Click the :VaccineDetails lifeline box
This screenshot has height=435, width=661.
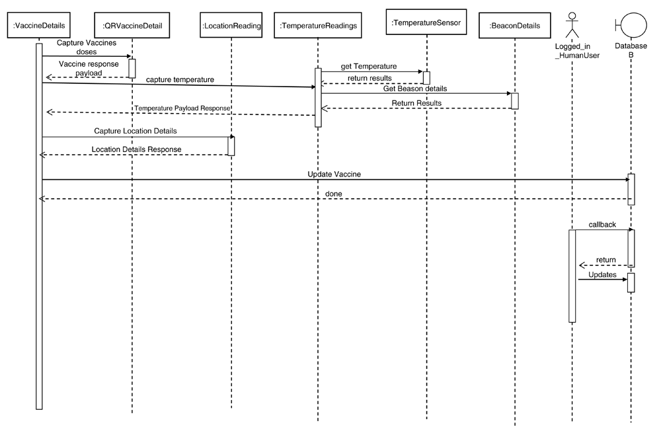pos(39,25)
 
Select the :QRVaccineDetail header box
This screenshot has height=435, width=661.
pos(132,25)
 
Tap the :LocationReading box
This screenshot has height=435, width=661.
pos(231,25)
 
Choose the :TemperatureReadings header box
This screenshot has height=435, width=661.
pos(318,25)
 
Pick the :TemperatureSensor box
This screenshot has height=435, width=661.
pos(426,22)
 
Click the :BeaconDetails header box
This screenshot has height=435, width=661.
pos(515,25)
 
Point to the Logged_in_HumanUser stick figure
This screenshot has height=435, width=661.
pos(572,25)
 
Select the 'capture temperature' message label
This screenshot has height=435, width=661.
pos(180,80)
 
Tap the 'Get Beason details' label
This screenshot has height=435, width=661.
pos(415,89)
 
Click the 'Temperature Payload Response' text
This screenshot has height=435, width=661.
pos(182,108)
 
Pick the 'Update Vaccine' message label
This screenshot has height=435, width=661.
pos(334,174)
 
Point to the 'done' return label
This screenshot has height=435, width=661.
pos(333,194)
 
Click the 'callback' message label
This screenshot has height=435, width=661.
pos(602,225)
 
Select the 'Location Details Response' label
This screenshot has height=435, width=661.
pos(137,149)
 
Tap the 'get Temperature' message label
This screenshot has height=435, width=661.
pos(369,66)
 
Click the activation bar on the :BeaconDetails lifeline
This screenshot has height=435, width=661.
pos(515,101)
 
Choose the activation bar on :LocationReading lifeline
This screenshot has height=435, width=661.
pos(231,146)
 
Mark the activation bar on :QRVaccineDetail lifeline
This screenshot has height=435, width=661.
pos(132,68)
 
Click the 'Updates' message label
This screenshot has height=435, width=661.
pos(602,275)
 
